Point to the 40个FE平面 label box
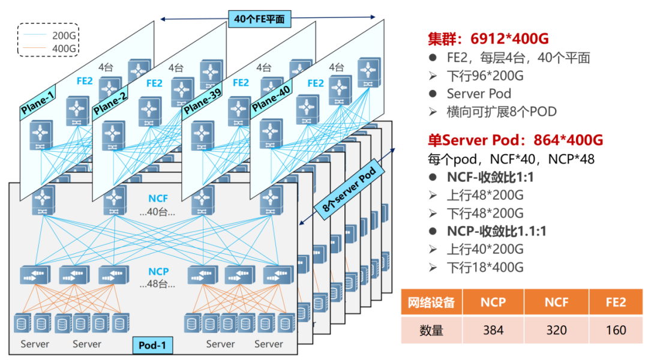259,19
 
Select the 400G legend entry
54,48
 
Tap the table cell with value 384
493,329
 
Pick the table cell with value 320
556,329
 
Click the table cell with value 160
616,329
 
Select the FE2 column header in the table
616,302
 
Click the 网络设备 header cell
431,302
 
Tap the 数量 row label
431,329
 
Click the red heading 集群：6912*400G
488,39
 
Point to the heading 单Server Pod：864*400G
515,140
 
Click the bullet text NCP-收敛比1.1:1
496,231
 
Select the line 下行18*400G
485,267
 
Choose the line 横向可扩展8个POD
502,112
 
